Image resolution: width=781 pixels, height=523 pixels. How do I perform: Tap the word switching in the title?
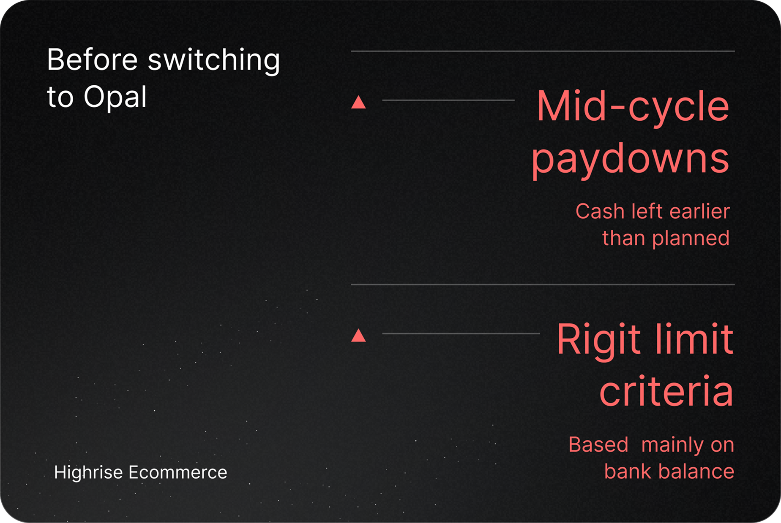tap(214, 61)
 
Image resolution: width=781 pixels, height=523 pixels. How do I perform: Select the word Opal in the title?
tap(115, 97)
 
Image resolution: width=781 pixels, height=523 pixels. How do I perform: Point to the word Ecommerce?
tap(178, 472)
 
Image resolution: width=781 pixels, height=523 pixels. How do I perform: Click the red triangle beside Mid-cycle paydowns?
tap(358, 102)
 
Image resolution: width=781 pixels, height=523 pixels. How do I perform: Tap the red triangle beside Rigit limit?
tap(358, 335)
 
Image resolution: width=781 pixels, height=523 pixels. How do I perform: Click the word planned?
tap(691, 239)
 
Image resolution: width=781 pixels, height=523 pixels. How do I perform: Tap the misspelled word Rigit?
tap(599, 340)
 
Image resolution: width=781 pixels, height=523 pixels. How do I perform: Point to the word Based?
tap(598, 444)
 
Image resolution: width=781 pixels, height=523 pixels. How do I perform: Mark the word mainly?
tap(672, 446)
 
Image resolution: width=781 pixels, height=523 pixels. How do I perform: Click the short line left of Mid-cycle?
tap(448, 100)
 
